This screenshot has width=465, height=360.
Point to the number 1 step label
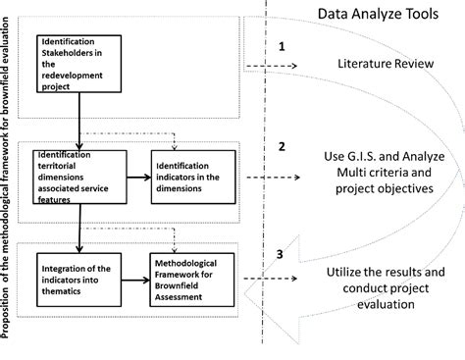(282, 45)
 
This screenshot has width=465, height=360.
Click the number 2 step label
(282, 146)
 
